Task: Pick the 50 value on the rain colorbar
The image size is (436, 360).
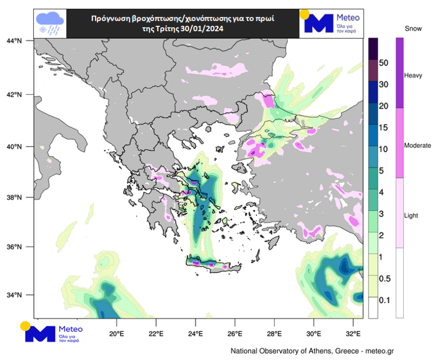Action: (x=383, y=63)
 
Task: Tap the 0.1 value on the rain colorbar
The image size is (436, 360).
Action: (x=384, y=300)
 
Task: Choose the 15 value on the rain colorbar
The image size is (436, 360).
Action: (x=383, y=127)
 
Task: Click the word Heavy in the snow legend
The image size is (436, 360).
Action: (x=413, y=76)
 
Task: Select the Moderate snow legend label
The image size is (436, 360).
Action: (x=417, y=146)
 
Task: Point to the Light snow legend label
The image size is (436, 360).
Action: (x=411, y=216)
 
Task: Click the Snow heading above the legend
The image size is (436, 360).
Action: (x=413, y=29)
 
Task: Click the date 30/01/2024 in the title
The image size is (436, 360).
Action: (x=201, y=29)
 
